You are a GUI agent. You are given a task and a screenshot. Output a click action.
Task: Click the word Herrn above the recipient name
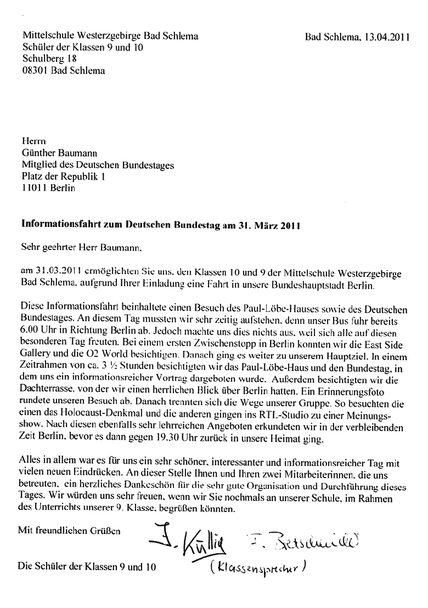point(32,141)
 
